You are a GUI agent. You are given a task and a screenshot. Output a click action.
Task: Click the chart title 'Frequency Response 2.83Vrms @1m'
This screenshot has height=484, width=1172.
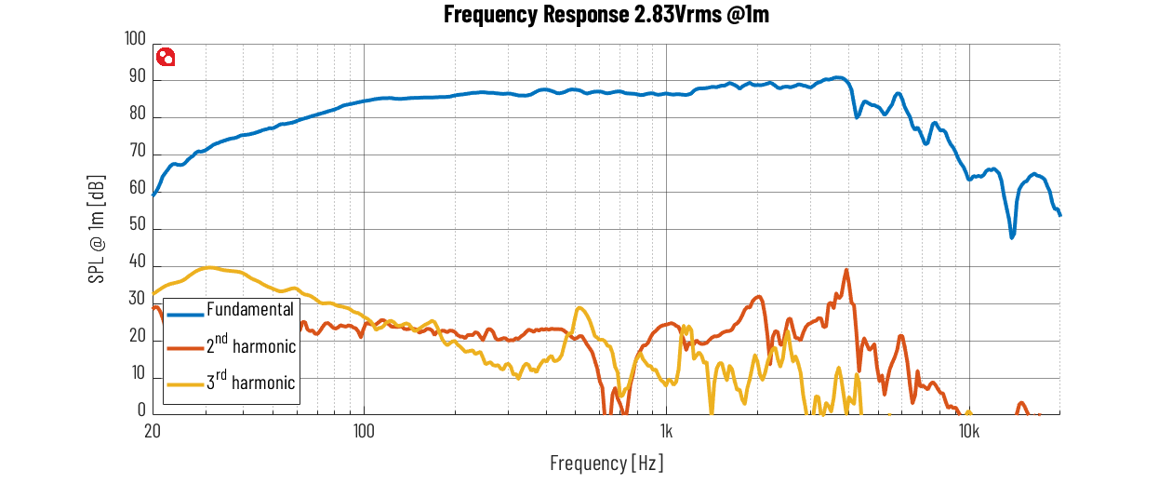tap(606, 14)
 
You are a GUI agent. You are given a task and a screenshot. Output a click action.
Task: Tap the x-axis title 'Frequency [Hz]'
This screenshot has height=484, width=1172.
tap(606, 463)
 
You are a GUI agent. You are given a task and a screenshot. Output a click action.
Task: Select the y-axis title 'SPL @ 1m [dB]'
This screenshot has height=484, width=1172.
tap(97, 229)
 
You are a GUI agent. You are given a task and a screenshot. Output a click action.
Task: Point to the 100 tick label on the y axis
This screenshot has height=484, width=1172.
tap(135, 39)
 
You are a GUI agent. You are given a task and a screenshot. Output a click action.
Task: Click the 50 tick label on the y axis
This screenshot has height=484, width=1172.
tap(137, 224)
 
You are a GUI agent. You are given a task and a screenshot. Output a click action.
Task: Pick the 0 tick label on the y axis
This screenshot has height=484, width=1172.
tap(141, 410)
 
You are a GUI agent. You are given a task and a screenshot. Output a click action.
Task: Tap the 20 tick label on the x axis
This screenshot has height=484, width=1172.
tap(153, 431)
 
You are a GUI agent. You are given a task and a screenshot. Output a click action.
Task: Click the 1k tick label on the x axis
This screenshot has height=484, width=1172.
tap(666, 431)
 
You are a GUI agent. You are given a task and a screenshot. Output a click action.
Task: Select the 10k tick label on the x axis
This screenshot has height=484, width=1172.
tap(969, 431)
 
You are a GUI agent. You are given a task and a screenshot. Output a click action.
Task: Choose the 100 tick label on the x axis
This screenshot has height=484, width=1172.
tap(364, 431)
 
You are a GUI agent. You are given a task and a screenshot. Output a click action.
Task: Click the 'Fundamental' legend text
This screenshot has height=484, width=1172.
tap(250, 310)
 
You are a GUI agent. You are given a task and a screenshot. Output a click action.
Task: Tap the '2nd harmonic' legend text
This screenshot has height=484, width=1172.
tap(251, 344)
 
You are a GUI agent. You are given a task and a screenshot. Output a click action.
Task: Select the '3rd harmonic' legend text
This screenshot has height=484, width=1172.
tap(250, 381)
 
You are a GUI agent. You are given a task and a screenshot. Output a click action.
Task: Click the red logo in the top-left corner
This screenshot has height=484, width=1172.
tap(166, 57)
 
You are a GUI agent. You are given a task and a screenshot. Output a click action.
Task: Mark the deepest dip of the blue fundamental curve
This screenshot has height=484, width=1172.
tap(1012, 236)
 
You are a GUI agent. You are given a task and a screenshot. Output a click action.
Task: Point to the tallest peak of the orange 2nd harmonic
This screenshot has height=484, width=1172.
tap(846, 270)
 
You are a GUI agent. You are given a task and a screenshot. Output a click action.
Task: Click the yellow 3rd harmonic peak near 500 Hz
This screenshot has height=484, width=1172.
tap(579, 308)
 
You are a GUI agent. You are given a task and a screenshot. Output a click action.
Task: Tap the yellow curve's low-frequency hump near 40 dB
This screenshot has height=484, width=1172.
tap(209, 268)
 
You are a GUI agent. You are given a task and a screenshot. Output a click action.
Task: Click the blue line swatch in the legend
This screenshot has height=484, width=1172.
tap(185, 315)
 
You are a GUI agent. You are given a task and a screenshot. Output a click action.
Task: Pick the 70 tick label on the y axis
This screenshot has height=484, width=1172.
tap(137, 151)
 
